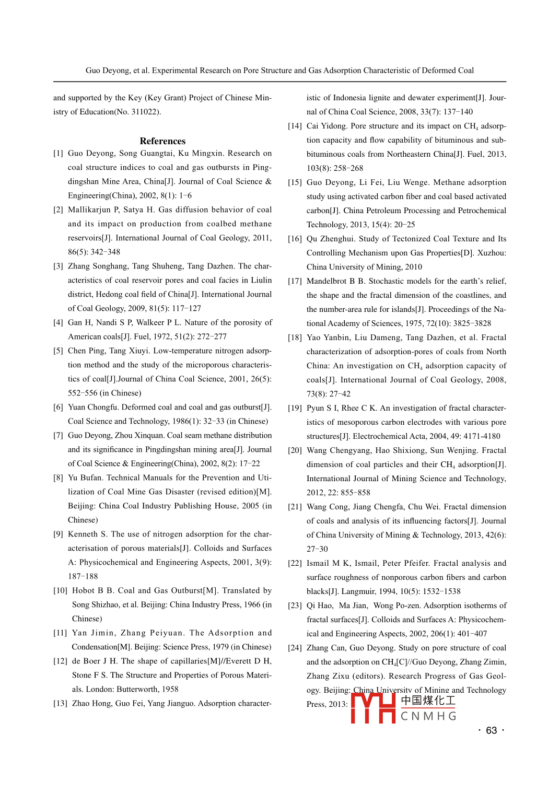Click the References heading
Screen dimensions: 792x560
162,141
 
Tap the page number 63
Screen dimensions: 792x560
491,730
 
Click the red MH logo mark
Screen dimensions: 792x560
373,708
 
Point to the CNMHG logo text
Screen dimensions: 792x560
428,716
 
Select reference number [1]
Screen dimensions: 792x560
58,154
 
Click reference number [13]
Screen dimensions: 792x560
60,704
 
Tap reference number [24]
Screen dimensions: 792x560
295,648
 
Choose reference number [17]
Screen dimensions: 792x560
295,281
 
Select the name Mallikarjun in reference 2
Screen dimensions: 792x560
89,210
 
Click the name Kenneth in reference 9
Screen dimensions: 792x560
83,534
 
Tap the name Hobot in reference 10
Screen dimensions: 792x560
84,591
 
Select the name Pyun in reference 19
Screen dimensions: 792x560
316,408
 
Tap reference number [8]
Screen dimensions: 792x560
58,478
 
